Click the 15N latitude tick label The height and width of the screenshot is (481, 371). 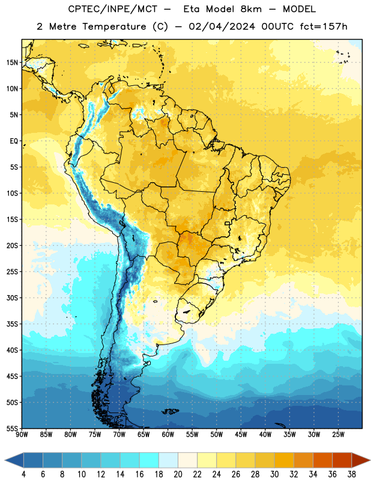[x=12, y=63]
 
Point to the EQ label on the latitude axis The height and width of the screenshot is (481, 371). [x=14, y=141]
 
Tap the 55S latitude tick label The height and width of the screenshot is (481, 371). [x=12, y=429]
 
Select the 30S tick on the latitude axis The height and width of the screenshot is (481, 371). [x=12, y=298]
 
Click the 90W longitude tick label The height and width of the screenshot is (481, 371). [x=22, y=435]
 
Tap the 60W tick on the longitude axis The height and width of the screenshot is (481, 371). [x=168, y=435]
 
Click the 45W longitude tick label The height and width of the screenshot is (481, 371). [x=241, y=435]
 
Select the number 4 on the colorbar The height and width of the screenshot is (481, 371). [x=23, y=474]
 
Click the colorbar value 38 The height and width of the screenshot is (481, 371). [x=352, y=474]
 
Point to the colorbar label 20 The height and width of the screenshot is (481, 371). [x=178, y=474]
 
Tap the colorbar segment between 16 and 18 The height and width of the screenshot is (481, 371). [x=149, y=461]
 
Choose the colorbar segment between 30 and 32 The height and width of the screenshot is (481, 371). [x=284, y=461]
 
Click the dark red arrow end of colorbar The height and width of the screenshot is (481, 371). [x=361, y=461]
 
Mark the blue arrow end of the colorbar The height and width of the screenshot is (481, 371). [x=14, y=461]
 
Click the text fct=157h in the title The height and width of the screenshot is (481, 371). [x=324, y=26]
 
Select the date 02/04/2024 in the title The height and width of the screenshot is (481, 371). [x=222, y=26]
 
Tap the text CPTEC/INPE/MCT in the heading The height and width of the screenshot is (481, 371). [x=113, y=9]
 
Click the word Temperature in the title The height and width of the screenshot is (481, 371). [x=114, y=27]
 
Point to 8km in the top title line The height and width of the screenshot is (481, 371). [x=251, y=9]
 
